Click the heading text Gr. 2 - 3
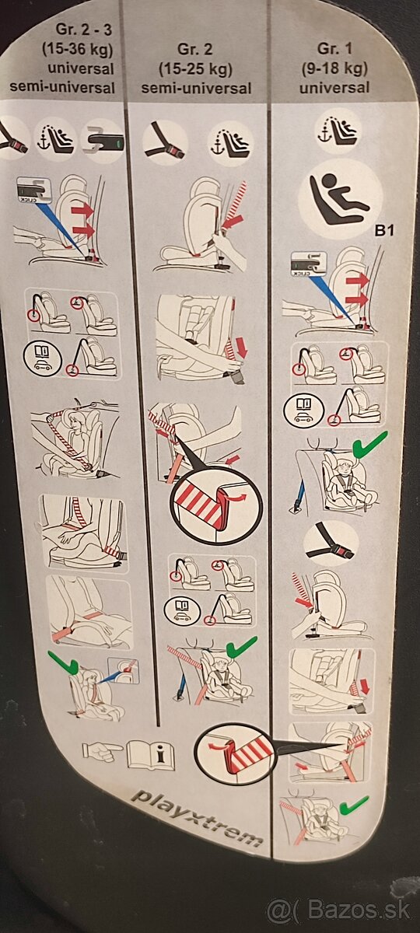point(84,30)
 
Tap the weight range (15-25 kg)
point(195,68)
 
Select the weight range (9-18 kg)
point(334,68)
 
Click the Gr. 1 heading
point(334,49)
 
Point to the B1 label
point(384,230)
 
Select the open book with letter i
point(151,754)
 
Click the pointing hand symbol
point(101,750)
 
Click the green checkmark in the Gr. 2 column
point(242,646)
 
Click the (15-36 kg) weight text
point(78,49)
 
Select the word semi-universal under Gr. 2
point(196,88)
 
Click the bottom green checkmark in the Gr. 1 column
point(354,805)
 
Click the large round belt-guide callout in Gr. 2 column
point(216,506)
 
